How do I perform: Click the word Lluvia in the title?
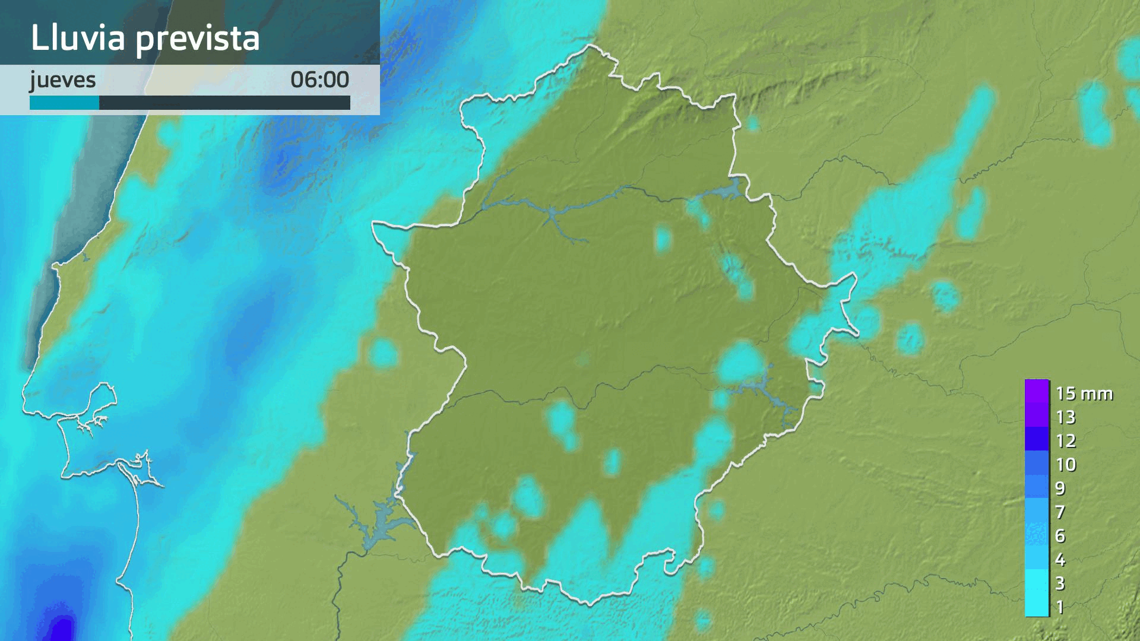(x=78, y=38)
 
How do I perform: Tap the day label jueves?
(x=63, y=80)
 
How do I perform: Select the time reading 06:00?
(x=319, y=80)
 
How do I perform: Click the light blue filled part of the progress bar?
(x=64, y=103)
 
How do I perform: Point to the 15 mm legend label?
(x=1084, y=394)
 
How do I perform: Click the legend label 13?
(x=1066, y=417)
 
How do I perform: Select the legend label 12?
(x=1066, y=441)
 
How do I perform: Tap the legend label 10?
(x=1066, y=465)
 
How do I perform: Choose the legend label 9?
(x=1060, y=488)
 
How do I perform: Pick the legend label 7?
(x=1060, y=512)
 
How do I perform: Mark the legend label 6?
(x=1060, y=536)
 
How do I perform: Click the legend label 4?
(x=1060, y=560)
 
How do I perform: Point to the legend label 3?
(x=1060, y=583)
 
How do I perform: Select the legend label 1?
(x=1060, y=607)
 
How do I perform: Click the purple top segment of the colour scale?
(x=1037, y=392)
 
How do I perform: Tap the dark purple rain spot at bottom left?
(x=61, y=628)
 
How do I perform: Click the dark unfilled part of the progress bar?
(x=224, y=103)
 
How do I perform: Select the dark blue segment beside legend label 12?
(x=1037, y=439)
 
